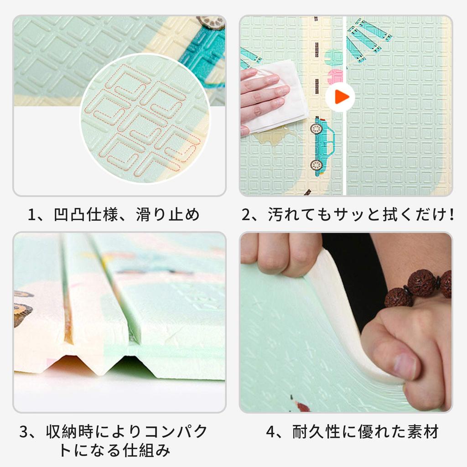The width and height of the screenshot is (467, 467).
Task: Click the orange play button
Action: click(340, 96)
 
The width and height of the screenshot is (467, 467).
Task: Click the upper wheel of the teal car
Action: click(316, 129)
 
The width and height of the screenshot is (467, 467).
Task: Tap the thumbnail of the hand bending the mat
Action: click(346, 322)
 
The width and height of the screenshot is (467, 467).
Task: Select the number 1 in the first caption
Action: click(32, 215)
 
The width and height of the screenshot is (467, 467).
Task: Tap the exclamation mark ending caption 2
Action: click(451, 215)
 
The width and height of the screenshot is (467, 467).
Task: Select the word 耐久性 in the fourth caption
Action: click(319, 432)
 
